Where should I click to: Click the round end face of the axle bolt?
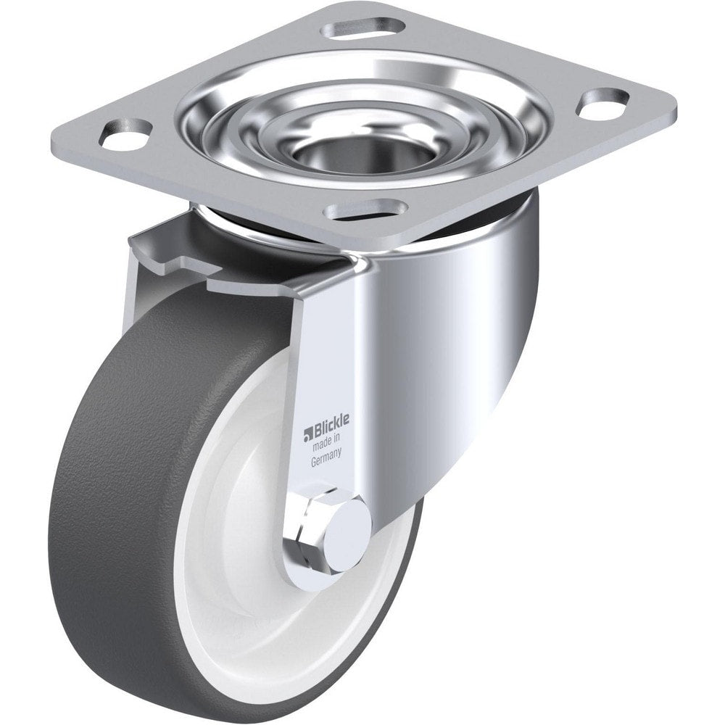pos(347,526)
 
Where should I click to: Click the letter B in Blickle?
pos(316,420)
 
